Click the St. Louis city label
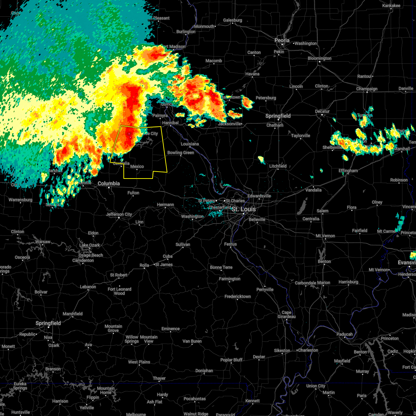[244, 209]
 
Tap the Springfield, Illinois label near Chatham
[278, 116]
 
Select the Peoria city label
[282, 40]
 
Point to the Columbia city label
[109, 183]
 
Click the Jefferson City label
[119, 214]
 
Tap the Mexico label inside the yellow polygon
[137, 167]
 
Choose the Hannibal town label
[170, 123]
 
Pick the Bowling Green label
[181, 153]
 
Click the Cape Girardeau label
[286, 314]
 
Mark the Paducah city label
[345, 334]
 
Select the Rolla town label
[144, 265]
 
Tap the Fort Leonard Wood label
[119, 291]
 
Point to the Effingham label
[348, 171]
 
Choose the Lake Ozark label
[90, 245]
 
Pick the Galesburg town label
[232, 20]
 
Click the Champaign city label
[367, 89]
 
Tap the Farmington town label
[229, 279]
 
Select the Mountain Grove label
[113, 328]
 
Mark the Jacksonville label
[229, 124]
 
